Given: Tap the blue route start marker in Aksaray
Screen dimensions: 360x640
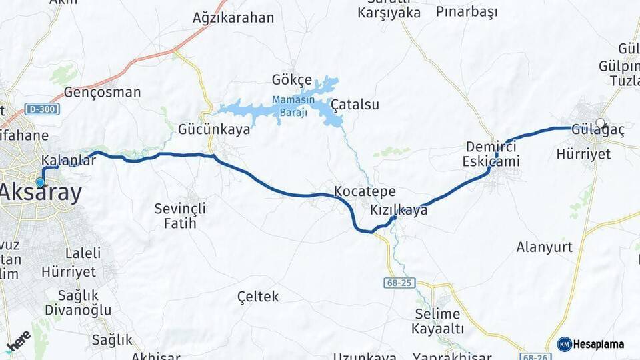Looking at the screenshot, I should point(41,182).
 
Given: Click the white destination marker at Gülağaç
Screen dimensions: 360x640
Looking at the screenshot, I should point(600,123).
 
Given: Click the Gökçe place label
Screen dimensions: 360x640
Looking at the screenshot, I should point(291,80).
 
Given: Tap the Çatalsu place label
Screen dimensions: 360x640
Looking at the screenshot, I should point(355,105).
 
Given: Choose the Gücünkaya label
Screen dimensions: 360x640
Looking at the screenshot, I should point(214,129).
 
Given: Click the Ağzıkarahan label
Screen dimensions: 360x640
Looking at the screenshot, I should point(233,18).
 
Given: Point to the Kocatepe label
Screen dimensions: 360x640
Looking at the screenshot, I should point(365,191).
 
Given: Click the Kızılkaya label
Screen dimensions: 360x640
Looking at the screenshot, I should point(399,210).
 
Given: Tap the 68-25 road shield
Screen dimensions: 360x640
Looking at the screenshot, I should point(397,283).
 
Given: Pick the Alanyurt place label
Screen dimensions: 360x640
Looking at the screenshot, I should point(545,247).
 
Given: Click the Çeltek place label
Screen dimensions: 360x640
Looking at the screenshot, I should point(258,296).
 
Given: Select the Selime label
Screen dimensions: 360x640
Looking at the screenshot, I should point(437,314).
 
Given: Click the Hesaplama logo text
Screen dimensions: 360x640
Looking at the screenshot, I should point(598,344).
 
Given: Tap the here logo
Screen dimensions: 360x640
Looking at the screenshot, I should point(18,341).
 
